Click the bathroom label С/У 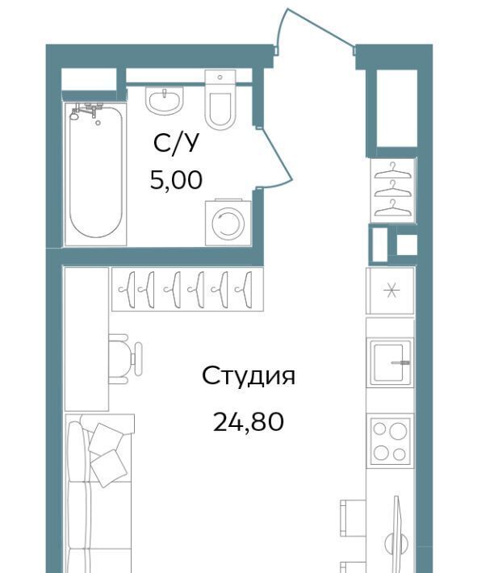click(x=178, y=144)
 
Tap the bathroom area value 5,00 click(x=176, y=180)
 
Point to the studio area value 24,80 click(x=249, y=421)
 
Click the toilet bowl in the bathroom click(x=220, y=110)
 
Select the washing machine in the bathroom click(x=228, y=222)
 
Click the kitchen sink click(x=391, y=363)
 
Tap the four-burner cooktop click(x=390, y=441)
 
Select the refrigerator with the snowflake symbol click(x=391, y=291)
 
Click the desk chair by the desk click(x=124, y=358)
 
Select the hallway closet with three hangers click(x=393, y=190)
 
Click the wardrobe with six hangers click(x=187, y=290)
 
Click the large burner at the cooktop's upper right click(x=398, y=431)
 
